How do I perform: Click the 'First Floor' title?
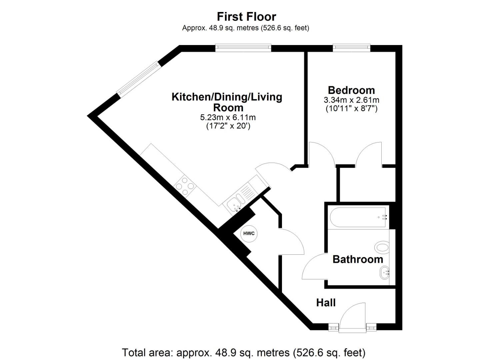point(246,17)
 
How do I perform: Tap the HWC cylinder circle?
point(249,233)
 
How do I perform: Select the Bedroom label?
point(351,90)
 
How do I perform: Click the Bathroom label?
point(358,259)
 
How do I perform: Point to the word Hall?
point(326,303)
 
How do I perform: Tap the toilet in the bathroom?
point(382,248)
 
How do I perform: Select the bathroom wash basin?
point(385,273)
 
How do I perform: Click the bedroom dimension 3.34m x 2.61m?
point(351,100)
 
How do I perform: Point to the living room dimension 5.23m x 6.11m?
point(228,117)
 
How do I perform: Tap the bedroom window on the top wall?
point(351,48)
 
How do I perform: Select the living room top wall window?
point(243,48)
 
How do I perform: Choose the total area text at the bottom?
point(244,352)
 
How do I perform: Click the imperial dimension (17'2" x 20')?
point(228,126)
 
